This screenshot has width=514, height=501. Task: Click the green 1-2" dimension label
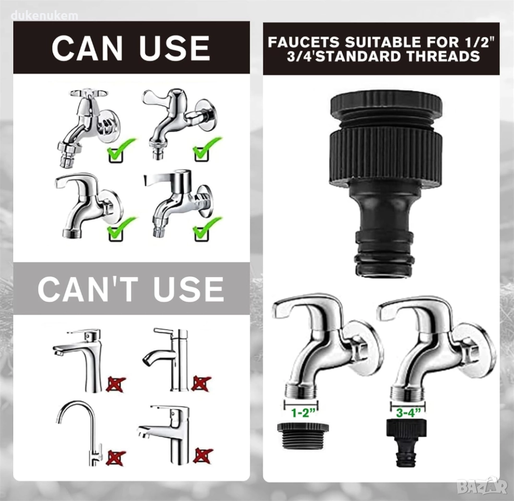301,412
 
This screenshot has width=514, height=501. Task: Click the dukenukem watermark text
44,16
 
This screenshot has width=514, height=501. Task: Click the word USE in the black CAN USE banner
174,49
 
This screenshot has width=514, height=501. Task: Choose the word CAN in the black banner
87,49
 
